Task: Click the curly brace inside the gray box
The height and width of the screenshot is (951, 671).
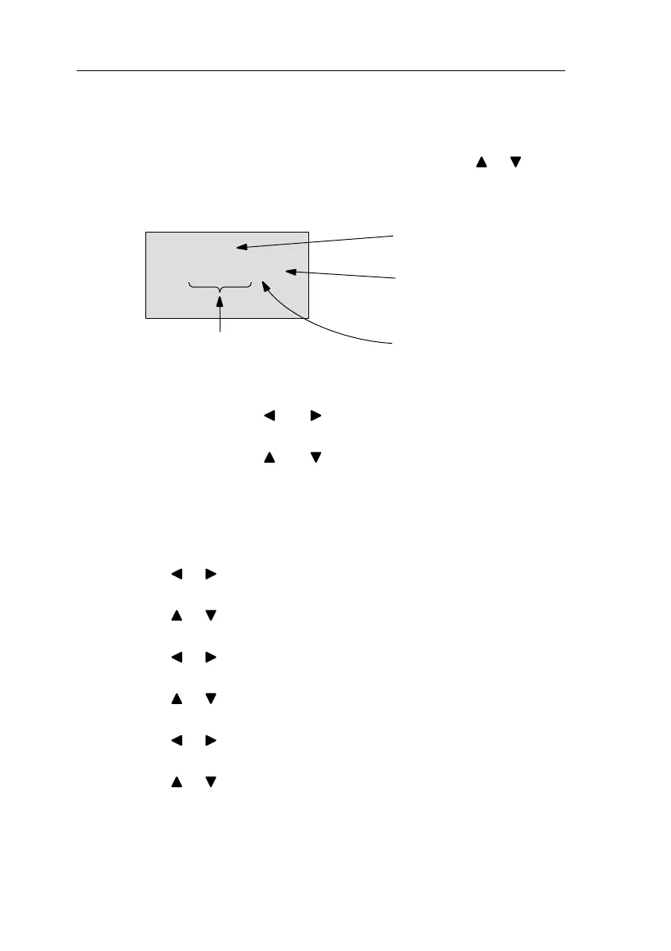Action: tap(220, 285)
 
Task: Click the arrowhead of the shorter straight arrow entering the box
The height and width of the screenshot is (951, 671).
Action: tap(291, 273)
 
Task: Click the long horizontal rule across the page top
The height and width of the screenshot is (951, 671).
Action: tap(320, 70)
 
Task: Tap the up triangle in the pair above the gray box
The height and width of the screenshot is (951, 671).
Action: tap(482, 162)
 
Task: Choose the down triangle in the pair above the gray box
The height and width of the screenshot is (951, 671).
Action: tap(516, 162)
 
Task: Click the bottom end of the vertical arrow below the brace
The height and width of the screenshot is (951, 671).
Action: tap(220, 332)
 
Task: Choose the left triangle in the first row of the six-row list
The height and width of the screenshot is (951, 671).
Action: tap(175, 574)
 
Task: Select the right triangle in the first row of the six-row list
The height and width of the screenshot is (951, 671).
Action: tap(210, 574)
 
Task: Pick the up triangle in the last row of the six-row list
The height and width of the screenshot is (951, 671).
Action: tap(175, 782)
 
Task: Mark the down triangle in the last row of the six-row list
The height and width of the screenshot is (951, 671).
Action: tap(210, 782)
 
